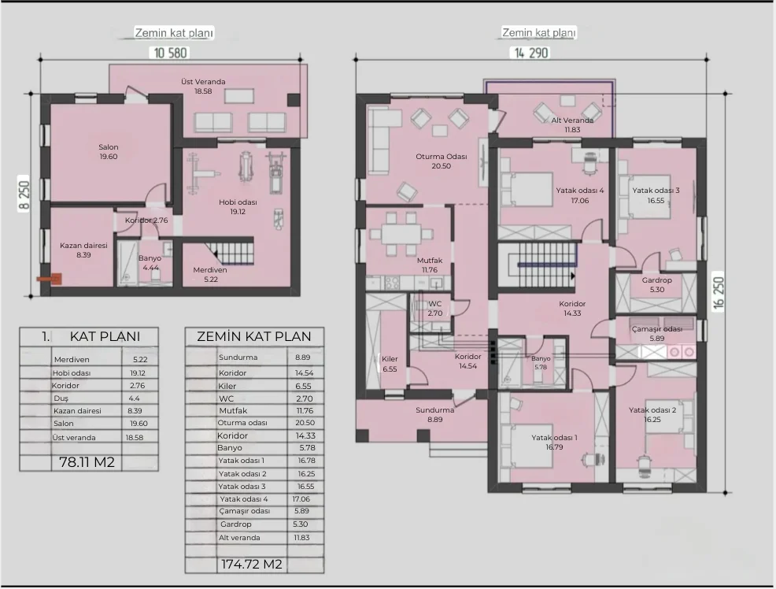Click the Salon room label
109,147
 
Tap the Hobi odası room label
238,202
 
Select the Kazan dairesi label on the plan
83,246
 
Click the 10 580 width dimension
170,53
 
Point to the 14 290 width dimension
531,53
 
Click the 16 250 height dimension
719,293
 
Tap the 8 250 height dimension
24,197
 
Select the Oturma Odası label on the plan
441,157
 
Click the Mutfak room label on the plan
430,261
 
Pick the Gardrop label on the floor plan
656,280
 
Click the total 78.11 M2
87,462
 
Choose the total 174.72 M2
251,565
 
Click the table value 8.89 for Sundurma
302,357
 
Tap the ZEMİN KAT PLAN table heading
254,336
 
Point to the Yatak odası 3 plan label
656,190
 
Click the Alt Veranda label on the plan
572,120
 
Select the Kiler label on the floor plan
390,359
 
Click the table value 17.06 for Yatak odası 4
301,499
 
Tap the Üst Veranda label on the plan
203,82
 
